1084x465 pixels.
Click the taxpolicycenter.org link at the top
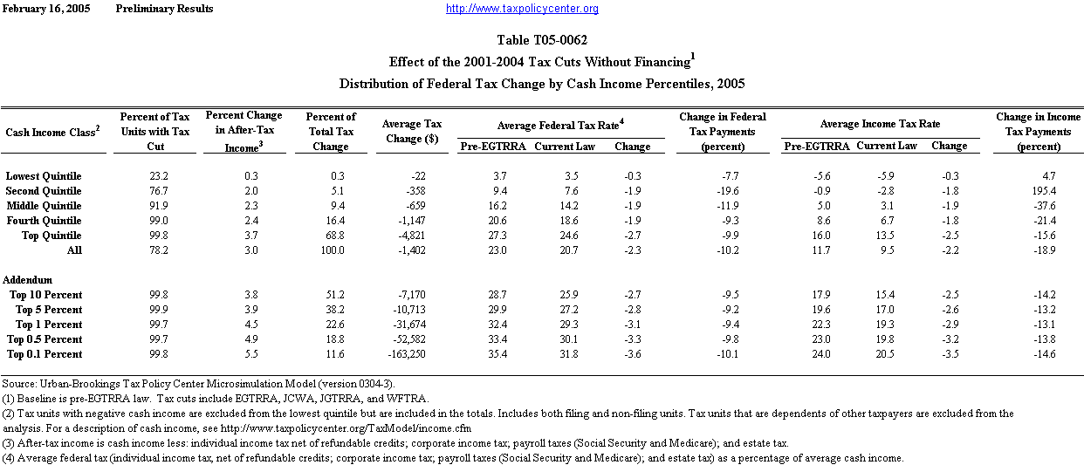pyautogui.click(x=522, y=9)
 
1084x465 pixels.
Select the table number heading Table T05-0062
pyautogui.click(x=542, y=40)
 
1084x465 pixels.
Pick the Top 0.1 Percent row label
pyautogui.click(x=45, y=354)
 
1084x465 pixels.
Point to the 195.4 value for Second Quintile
pyautogui.click(x=1044, y=191)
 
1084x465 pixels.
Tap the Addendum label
pyautogui.click(x=28, y=280)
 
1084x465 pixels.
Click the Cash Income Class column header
pyautogui.click(x=52, y=132)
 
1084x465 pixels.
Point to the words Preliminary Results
pyautogui.click(x=164, y=9)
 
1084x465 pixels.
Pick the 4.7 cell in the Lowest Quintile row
pyautogui.click(x=1049, y=176)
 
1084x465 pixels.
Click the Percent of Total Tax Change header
pyautogui.click(x=332, y=131)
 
